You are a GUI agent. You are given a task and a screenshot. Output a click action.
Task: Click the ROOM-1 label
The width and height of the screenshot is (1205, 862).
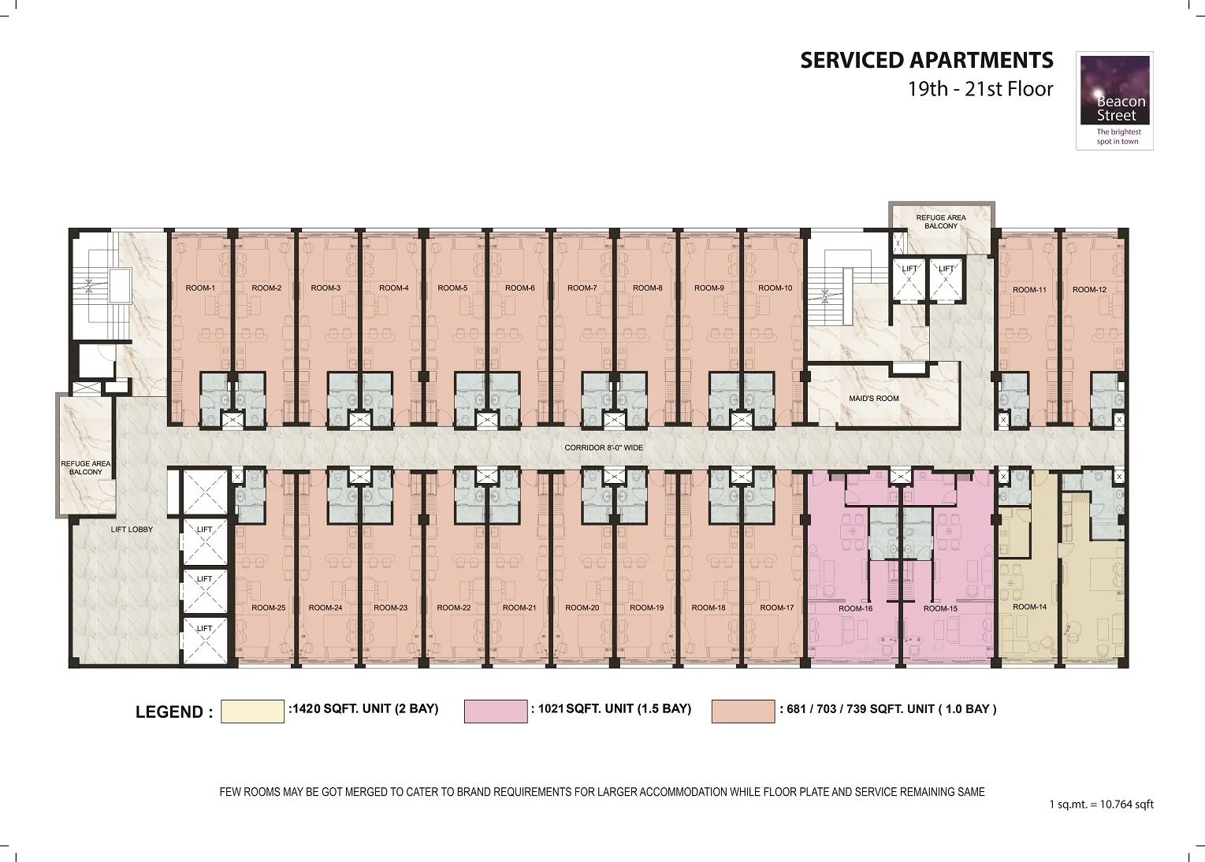pyautogui.click(x=200, y=288)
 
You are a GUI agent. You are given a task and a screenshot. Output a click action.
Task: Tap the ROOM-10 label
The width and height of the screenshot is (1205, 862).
pyautogui.click(x=775, y=288)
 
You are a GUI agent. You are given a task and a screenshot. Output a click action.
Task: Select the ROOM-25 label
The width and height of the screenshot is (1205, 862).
pyautogui.click(x=269, y=608)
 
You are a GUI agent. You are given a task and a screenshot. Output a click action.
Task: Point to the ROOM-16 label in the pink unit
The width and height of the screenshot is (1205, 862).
pyautogui.click(x=855, y=609)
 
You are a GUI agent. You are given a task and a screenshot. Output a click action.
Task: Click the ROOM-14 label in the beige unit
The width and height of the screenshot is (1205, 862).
pyautogui.click(x=1029, y=607)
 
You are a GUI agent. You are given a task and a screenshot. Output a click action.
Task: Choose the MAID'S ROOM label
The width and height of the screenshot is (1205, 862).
pyautogui.click(x=874, y=399)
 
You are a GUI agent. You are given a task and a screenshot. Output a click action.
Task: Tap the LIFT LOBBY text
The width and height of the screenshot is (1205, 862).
pyautogui.click(x=132, y=529)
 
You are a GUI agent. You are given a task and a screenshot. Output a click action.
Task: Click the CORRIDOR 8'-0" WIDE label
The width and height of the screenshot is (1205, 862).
pyautogui.click(x=604, y=448)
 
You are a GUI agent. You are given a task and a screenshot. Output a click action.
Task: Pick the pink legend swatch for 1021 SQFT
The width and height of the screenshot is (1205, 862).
pyautogui.click(x=496, y=712)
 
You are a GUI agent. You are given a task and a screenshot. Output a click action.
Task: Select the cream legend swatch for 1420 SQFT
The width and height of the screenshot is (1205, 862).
pyautogui.click(x=252, y=712)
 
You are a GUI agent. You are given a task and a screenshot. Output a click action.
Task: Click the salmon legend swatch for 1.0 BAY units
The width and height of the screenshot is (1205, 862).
pyautogui.click(x=743, y=712)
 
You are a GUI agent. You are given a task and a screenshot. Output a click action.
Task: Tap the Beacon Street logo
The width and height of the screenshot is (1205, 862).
pyautogui.click(x=1114, y=101)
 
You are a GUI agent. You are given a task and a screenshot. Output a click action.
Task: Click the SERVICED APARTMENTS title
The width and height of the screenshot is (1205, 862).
pyautogui.click(x=926, y=60)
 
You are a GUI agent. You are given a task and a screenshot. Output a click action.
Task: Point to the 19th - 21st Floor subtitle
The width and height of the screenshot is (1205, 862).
pyautogui.click(x=980, y=89)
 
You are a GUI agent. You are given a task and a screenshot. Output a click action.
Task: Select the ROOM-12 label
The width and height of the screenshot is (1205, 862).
pyautogui.click(x=1089, y=290)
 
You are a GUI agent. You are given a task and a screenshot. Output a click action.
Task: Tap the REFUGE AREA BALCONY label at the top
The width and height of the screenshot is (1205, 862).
pyautogui.click(x=941, y=221)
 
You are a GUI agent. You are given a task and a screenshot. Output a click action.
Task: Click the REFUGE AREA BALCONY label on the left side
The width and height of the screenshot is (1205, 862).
pyautogui.click(x=86, y=468)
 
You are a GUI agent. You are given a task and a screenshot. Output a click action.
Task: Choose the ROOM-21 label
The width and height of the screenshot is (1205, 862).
pyautogui.click(x=519, y=608)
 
